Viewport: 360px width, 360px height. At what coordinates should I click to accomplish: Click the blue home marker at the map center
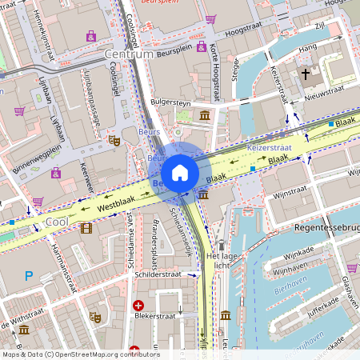click(x=180, y=173)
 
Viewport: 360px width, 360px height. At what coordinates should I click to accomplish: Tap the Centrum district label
click(x=128, y=54)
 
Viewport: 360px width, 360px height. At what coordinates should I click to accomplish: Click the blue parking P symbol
click(x=29, y=276)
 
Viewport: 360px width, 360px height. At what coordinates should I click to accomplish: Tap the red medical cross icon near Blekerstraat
click(x=138, y=305)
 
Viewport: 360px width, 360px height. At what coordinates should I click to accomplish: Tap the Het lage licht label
click(x=223, y=261)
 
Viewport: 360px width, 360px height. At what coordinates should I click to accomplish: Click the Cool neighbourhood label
click(x=56, y=221)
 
